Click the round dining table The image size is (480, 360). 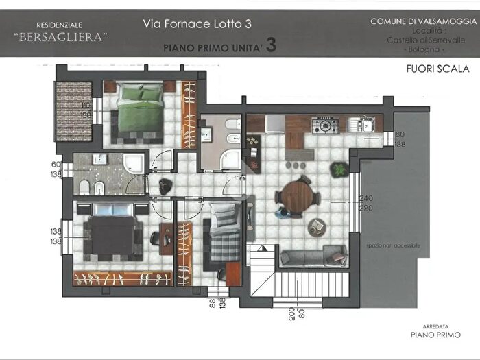[298, 197]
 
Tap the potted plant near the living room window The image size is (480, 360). [338, 168]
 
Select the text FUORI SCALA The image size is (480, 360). [437, 69]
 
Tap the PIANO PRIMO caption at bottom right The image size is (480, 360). [435, 336]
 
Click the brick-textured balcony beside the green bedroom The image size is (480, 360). [73, 112]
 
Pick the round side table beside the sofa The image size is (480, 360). [317, 226]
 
